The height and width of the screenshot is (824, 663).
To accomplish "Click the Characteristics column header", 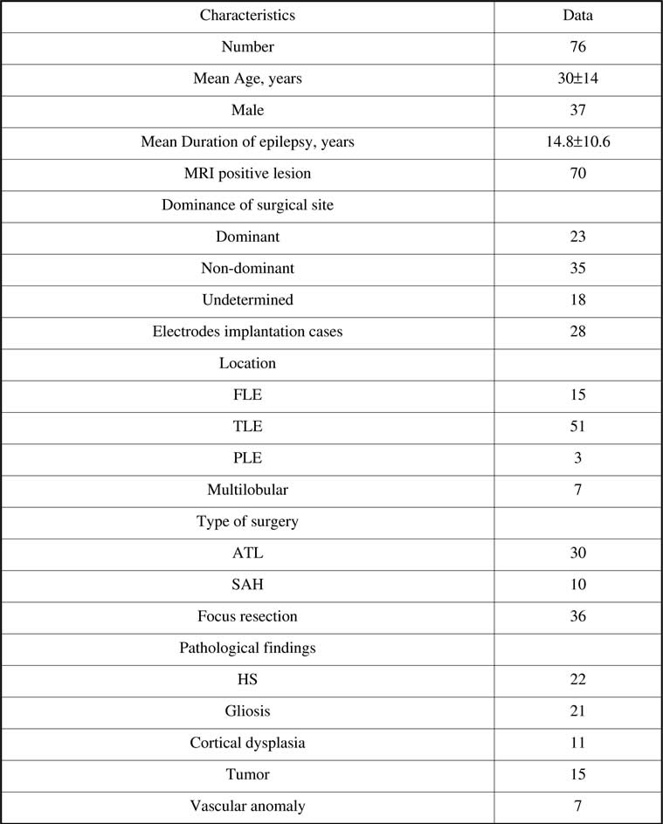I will (247, 15).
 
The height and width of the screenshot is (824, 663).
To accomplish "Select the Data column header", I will (579, 15).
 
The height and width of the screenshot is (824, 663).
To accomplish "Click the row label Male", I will (247, 110).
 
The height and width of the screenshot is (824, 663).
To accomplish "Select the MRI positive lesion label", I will (247, 174).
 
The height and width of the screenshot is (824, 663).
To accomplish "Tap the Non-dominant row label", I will (247, 268).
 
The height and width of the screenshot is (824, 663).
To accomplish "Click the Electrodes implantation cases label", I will (247, 332).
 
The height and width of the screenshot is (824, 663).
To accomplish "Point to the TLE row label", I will (247, 426).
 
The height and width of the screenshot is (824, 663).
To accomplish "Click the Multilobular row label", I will (247, 490).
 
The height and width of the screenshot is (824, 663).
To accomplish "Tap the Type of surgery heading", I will (247, 522).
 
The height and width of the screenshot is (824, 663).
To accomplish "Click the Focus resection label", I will (247, 616).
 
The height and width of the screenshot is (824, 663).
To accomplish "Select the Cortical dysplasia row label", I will (247, 743).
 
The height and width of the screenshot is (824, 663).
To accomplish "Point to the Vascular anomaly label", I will (247, 806).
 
